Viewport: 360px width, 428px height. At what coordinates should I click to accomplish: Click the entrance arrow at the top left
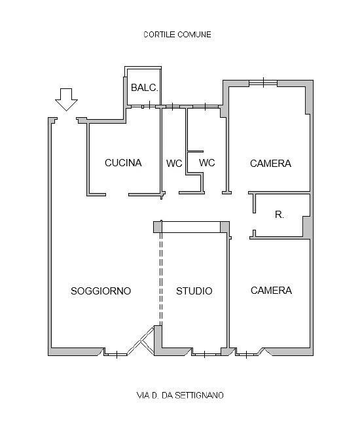coord(66,99)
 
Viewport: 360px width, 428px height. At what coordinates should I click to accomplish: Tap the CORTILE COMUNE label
coord(177,35)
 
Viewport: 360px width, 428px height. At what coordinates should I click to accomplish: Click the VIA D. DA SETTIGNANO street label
coord(180,395)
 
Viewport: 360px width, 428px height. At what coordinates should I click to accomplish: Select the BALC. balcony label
coord(145,88)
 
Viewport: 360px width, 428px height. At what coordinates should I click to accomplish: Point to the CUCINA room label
coord(123,163)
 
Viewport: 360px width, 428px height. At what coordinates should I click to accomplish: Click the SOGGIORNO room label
coord(101,291)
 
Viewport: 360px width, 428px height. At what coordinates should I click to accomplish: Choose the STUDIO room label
coord(194,291)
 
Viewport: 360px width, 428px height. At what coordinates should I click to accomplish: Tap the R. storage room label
coord(279,215)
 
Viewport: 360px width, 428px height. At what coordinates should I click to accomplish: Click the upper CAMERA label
coord(270,164)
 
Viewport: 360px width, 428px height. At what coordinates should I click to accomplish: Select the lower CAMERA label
coord(271,291)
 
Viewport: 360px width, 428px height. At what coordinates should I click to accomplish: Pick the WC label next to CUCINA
coord(174,164)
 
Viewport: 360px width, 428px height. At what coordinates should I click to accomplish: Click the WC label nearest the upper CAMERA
coord(207,163)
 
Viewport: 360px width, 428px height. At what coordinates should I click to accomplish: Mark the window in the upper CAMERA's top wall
coord(263,82)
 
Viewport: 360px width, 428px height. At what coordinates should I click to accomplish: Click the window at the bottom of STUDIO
coord(206,355)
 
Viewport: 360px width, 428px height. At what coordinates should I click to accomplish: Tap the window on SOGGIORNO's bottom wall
coord(117,355)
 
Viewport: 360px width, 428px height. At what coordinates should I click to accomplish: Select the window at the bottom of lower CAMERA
coord(247,355)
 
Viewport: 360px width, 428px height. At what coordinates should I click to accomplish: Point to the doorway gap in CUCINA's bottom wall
coord(117,194)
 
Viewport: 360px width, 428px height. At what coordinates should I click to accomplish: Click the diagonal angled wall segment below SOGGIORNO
coord(141,340)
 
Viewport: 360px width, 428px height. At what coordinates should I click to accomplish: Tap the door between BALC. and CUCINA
coord(149,106)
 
